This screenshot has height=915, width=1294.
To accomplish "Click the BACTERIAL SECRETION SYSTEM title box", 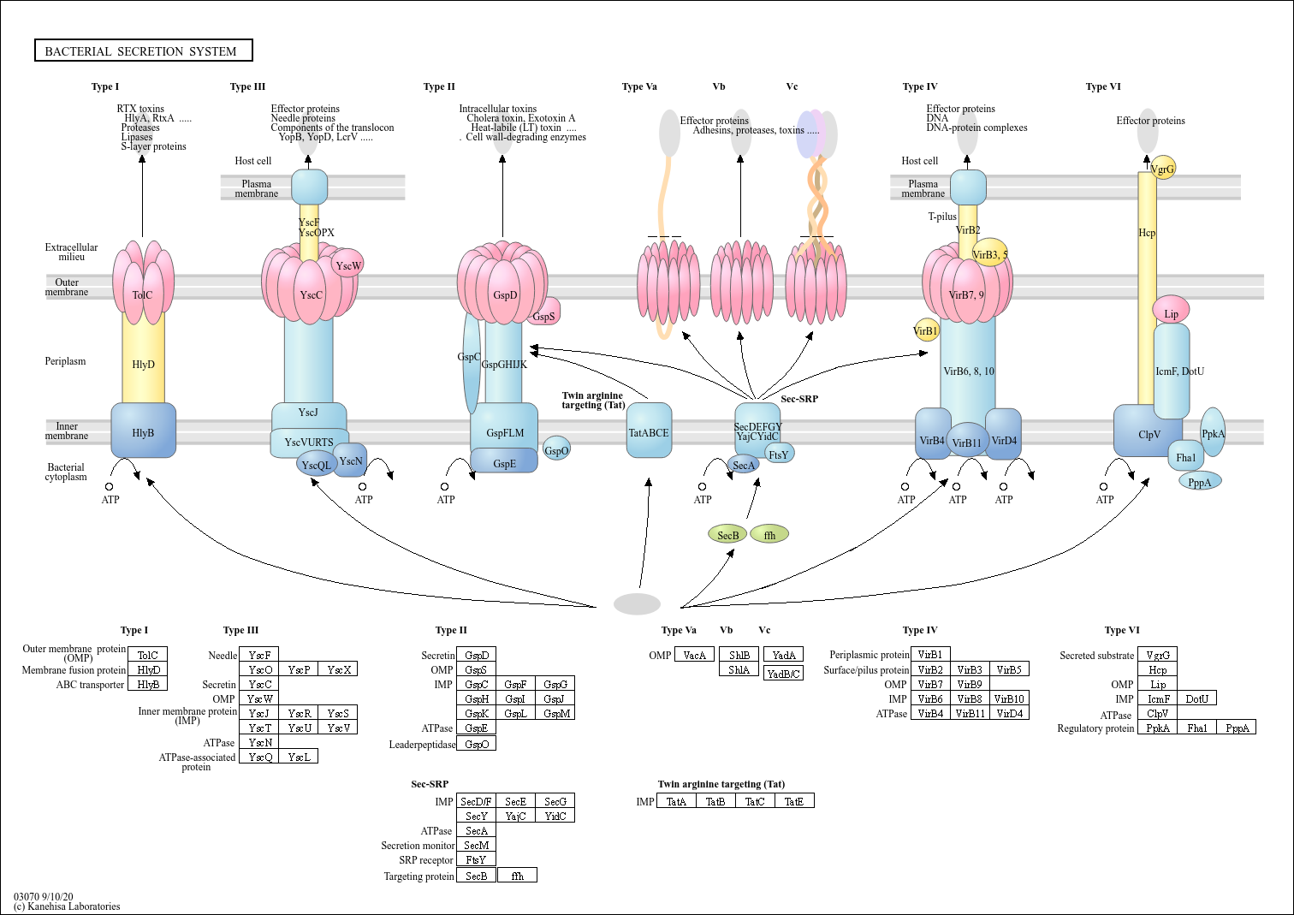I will (143, 51).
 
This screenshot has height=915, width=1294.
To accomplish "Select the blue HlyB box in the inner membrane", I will (143, 431).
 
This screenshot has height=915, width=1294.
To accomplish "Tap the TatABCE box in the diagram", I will (649, 431).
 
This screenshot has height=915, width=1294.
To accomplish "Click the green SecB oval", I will (727, 535).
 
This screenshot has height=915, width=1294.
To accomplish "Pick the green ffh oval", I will (769, 535).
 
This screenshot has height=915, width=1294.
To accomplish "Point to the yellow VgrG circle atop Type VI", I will (1163, 168).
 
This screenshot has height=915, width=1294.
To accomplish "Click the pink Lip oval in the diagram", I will (1171, 312).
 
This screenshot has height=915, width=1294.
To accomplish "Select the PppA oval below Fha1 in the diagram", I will (1200, 482).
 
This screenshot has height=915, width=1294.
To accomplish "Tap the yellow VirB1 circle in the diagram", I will (926, 330).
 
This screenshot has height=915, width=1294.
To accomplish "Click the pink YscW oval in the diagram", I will (347, 264).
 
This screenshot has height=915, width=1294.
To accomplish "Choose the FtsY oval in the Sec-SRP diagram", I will (779, 454).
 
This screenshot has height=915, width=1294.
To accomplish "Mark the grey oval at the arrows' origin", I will (637, 604).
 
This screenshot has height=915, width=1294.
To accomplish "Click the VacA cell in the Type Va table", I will (694, 655).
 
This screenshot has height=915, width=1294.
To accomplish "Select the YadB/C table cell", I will (783, 674).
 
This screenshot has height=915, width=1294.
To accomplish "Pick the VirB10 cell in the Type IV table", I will (1008, 698).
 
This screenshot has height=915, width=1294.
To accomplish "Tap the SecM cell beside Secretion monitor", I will (476, 845).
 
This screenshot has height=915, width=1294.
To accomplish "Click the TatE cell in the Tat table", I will (794, 801).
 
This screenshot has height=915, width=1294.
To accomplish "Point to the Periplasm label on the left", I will (65, 361).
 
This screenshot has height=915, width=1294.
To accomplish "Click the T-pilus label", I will (942, 217).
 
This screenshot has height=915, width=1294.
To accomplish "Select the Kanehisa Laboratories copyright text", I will (67, 906).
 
